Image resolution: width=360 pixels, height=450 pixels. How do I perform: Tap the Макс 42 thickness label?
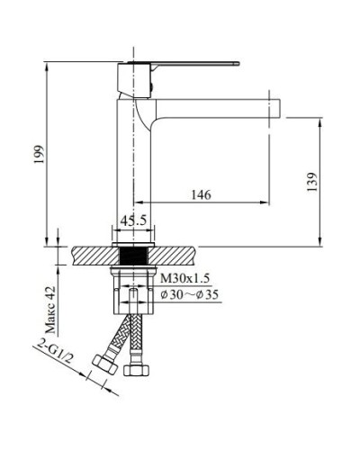pos(51,301)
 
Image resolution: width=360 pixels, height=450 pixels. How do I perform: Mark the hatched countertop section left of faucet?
pos(90,254)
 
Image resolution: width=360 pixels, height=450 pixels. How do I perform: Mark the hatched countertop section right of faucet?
pos(176,254)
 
